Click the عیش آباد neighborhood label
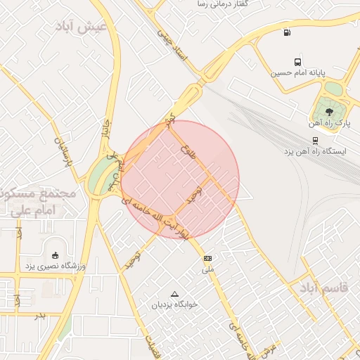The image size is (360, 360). coord(83,26)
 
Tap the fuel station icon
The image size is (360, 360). coord(286,32)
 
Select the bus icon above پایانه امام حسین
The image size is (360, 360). coord(298,61)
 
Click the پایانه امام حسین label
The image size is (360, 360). coord(297,72)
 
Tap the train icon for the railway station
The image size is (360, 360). coord(315,139)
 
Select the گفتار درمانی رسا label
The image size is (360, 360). coord(228,4)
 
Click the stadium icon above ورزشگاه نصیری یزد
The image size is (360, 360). coord(56,255)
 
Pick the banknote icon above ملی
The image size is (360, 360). coord(207,258)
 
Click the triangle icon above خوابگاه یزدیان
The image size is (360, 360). coord(174,294)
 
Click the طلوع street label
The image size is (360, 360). coord(186,150)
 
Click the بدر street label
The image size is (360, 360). coord(41,314)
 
